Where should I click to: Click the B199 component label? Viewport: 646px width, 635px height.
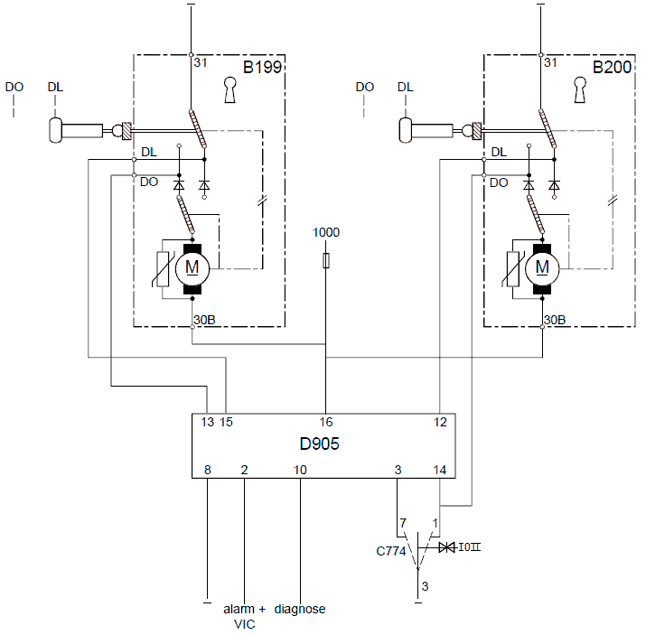pyautogui.click(x=262, y=67)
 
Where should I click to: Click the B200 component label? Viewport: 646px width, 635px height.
pyautogui.click(x=612, y=67)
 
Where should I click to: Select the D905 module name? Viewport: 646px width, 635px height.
pyautogui.click(x=319, y=444)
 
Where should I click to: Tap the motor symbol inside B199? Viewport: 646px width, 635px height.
pyautogui.click(x=192, y=269)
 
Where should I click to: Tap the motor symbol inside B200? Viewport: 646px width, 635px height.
pyautogui.click(x=542, y=269)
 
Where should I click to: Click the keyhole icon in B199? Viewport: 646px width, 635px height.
pyautogui.click(x=229, y=89)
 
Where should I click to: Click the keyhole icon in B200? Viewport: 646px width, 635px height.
pyautogui.click(x=580, y=89)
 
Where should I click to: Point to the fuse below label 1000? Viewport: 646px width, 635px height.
pyautogui.click(x=326, y=261)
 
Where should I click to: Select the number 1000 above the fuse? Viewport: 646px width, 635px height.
pyautogui.click(x=326, y=232)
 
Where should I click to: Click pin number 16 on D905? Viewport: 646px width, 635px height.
pyautogui.click(x=326, y=422)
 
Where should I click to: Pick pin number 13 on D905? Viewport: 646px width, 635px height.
pyautogui.click(x=208, y=422)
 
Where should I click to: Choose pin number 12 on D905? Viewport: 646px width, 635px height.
pyautogui.click(x=440, y=422)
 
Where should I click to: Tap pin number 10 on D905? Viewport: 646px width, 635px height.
pyautogui.click(x=300, y=470)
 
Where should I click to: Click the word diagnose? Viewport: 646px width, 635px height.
pyautogui.click(x=300, y=609)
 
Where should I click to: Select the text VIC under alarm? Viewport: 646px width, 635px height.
pyautogui.click(x=244, y=624)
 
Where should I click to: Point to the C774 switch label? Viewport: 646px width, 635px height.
pyautogui.click(x=391, y=551)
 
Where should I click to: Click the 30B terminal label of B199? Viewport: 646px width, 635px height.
pyautogui.click(x=205, y=320)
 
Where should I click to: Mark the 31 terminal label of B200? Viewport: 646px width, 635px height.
pyautogui.click(x=550, y=62)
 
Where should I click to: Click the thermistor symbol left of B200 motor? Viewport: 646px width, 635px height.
pyautogui.click(x=513, y=269)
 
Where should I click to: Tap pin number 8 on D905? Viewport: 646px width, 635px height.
pyautogui.click(x=208, y=470)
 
